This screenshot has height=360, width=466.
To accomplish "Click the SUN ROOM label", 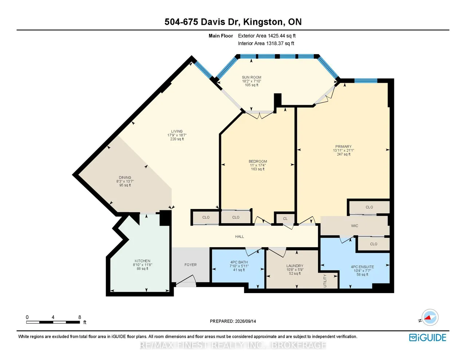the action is pos(251,77).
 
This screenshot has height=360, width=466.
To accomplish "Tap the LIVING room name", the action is pos(177,131).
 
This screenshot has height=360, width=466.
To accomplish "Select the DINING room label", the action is pos(125,177).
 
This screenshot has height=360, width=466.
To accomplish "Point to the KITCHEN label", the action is pos(142,261).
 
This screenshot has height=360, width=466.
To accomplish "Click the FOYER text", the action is pos(190,265).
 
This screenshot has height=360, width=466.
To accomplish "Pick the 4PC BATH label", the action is pos(239,262).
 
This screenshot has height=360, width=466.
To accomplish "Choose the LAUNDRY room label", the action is pos(295,266).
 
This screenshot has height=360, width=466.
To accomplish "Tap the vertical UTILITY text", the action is pos(325,281).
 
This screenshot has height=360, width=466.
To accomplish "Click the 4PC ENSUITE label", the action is pos(362,267).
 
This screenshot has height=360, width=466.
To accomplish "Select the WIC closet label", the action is pos(355,226).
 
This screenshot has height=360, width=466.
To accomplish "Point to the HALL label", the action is pos(239,237).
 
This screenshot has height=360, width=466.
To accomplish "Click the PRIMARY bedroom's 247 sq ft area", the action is pos(344,154).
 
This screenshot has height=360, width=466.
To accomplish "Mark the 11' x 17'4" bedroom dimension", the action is pos(257,165).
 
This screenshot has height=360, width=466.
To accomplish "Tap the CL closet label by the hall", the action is pos(285,218).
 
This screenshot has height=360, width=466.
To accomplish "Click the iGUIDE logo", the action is pos(428,337).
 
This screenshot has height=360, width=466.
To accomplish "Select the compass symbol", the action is pos(430,317).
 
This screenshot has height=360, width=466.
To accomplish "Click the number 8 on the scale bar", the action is pos(80,317).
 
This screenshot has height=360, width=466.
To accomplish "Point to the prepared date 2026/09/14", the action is pos(245,321).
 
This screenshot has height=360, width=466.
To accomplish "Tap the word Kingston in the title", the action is pos(263,22).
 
